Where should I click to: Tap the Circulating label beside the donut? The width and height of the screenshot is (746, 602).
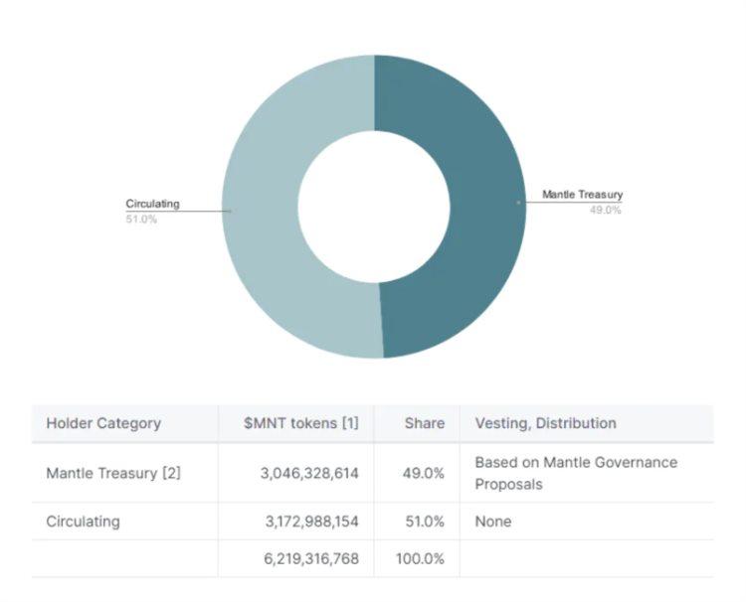[x=152, y=204]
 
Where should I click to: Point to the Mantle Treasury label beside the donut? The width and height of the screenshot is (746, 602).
[x=582, y=195]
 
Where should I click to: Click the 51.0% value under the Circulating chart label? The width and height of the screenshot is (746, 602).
[x=140, y=219]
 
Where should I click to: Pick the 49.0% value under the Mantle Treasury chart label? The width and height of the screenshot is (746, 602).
[x=605, y=210]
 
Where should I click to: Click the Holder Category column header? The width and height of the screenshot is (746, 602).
[x=103, y=423]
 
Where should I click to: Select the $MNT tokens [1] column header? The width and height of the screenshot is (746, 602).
[x=301, y=423]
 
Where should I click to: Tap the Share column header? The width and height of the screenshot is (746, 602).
[x=424, y=423]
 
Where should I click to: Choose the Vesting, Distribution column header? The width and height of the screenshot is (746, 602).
[x=545, y=423]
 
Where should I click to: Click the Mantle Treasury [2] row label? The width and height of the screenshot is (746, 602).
[x=113, y=473]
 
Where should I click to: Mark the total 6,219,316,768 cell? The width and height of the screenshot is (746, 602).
[x=311, y=558]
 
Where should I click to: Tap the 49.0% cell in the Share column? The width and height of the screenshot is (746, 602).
[x=424, y=473]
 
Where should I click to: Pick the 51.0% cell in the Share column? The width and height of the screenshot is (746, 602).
[x=424, y=521]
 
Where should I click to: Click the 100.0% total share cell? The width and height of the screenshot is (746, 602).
[x=420, y=558]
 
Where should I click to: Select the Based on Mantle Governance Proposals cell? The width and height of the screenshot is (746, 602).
[x=576, y=472]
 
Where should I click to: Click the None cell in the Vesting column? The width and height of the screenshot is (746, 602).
[x=493, y=521]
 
